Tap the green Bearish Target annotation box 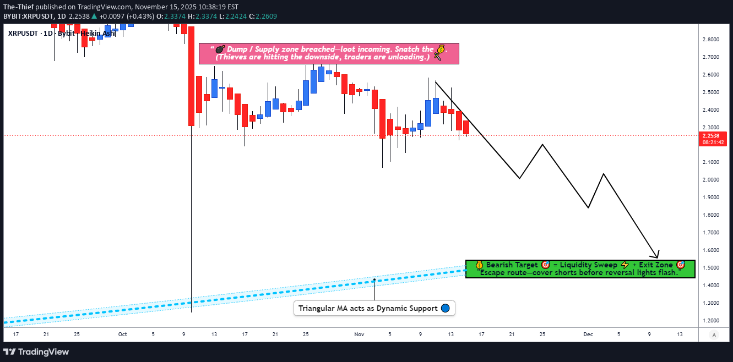pos(580,269)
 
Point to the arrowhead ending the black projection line pos(656,256)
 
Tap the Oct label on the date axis pos(122,334)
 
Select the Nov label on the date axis pos(359,334)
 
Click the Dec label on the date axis pos(588,334)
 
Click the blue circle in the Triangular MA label pos(446,308)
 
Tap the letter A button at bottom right pos(714,335)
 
